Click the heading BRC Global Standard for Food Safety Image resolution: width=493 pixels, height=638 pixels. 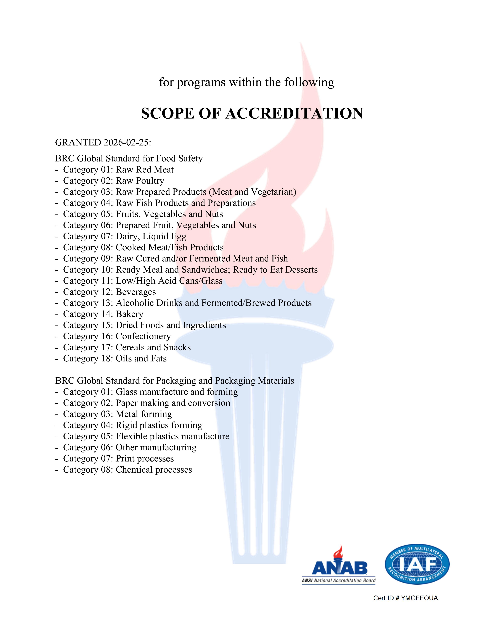click(129, 158)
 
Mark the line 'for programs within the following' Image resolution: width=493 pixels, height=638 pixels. click(246, 82)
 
